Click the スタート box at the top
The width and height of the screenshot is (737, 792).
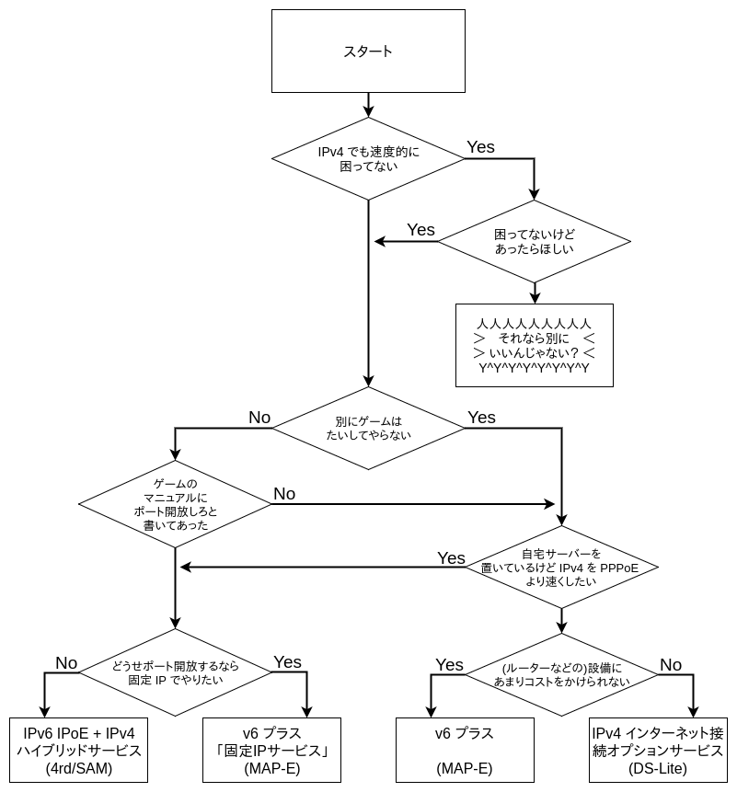tap(367, 51)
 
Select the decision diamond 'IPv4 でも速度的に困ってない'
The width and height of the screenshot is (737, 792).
tap(367, 159)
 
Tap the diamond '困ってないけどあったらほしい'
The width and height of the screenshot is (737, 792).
tap(534, 242)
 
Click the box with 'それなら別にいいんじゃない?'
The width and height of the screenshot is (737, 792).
tap(534, 345)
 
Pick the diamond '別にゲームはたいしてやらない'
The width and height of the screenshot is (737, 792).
tap(367, 429)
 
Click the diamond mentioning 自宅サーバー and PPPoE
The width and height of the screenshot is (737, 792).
tap(560, 568)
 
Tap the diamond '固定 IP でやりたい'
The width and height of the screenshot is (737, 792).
tap(175, 673)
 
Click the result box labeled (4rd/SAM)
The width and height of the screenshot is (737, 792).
tap(78, 751)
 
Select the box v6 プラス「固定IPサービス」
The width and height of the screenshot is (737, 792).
tap(271, 751)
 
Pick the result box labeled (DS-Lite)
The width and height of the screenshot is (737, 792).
tap(658, 751)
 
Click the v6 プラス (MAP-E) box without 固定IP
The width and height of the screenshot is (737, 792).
tap(465, 751)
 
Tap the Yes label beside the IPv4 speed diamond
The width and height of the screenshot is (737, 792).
tap(480, 147)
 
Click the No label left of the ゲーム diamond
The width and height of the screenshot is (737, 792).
tap(259, 418)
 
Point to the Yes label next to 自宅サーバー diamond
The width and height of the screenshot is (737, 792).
tap(451, 557)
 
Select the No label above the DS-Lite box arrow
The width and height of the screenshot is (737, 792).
tap(671, 664)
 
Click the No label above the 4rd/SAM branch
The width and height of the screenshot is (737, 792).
tap(66, 662)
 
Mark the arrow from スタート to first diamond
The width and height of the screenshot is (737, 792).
tap(367, 104)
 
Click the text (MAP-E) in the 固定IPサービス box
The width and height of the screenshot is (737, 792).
tap(271, 769)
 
